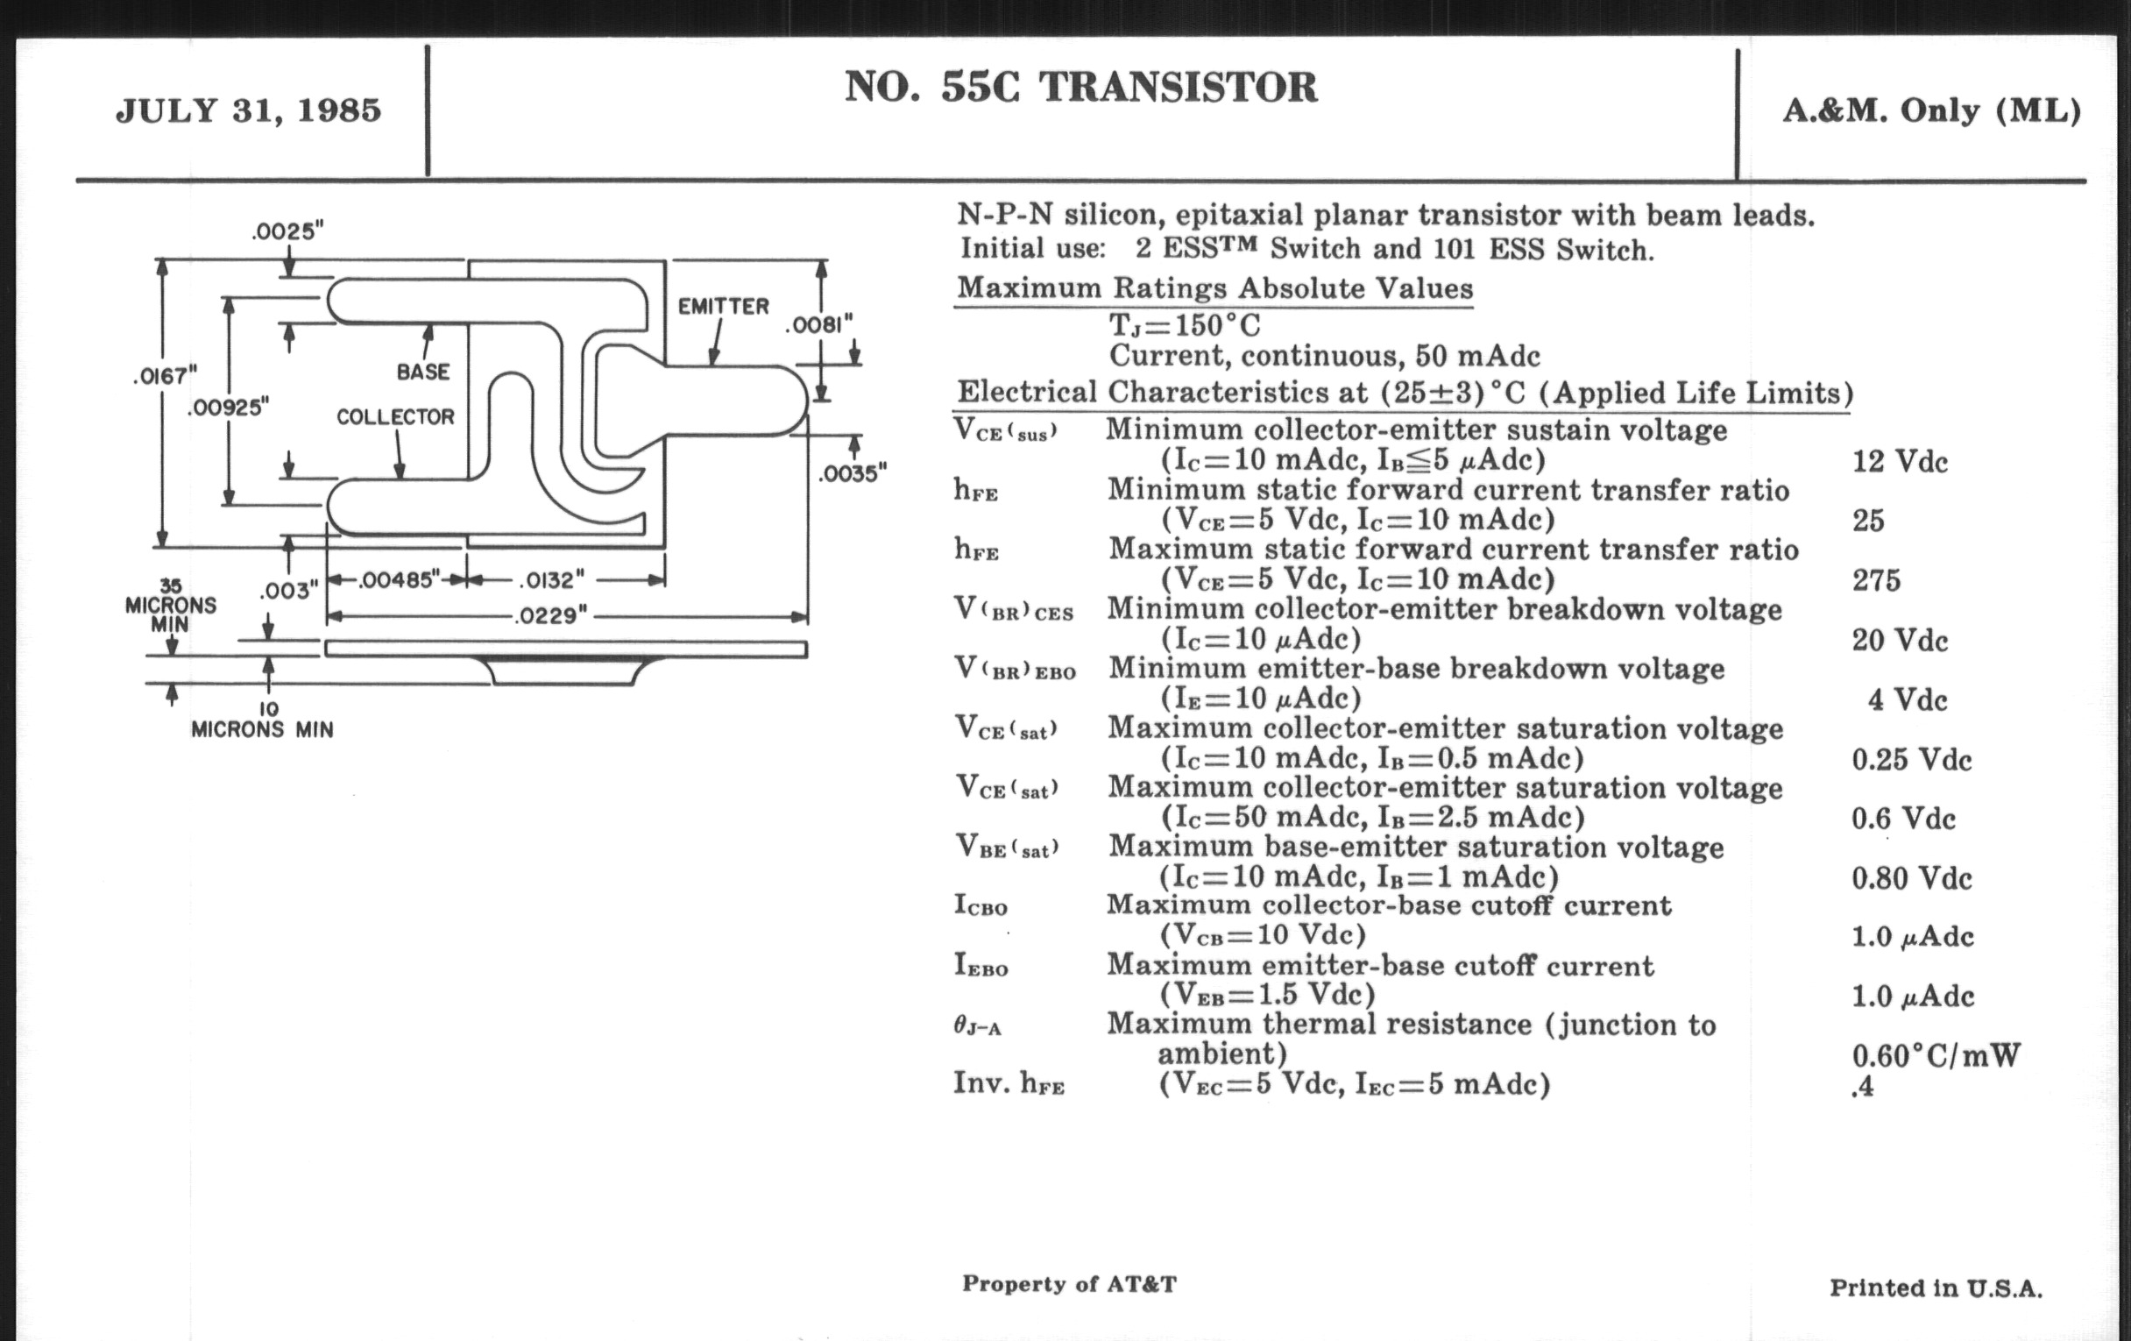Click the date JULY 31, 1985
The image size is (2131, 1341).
(x=249, y=110)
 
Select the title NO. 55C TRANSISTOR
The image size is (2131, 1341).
(x=1080, y=88)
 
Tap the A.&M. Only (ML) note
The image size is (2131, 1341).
(x=1931, y=110)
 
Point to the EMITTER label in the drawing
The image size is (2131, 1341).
(x=723, y=307)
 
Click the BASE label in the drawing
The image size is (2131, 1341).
(x=423, y=372)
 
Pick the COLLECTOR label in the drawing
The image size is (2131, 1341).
(x=394, y=417)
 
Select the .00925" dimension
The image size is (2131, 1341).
(x=228, y=408)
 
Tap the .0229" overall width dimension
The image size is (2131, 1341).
(x=551, y=615)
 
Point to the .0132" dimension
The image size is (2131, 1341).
(x=550, y=580)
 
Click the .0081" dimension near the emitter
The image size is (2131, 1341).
(x=818, y=326)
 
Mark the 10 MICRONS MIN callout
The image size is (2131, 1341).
(x=263, y=720)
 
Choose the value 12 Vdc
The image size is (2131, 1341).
(x=1899, y=462)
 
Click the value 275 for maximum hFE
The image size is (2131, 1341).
(x=1876, y=580)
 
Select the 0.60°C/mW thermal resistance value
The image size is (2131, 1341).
(x=1936, y=1055)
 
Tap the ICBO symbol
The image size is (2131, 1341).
(x=981, y=905)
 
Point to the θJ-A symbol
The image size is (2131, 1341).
(x=977, y=1025)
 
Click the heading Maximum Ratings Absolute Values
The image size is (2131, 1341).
(x=1214, y=288)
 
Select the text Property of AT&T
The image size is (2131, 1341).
(x=1069, y=1283)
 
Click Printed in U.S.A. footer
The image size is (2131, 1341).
(x=1936, y=1288)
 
